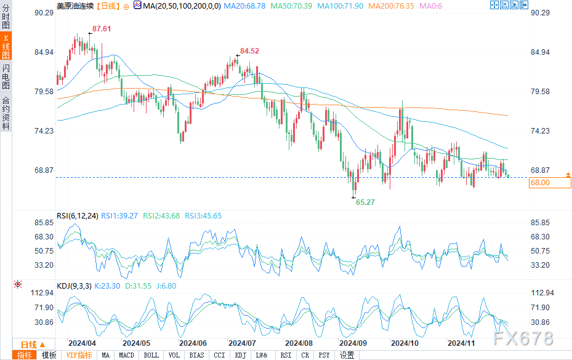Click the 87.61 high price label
tap(102, 29)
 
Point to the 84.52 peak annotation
tap(249, 51)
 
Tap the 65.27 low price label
tap(366, 202)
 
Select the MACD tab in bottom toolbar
tap(126, 355)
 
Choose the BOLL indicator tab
tap(150, 355)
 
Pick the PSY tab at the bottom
tap(323, 355)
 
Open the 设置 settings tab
tap(347, 355)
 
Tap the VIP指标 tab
tap(79, 355)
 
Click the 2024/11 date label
tap(462, 343)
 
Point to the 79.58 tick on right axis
tap(540, 92)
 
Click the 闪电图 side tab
tap(6, 76)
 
